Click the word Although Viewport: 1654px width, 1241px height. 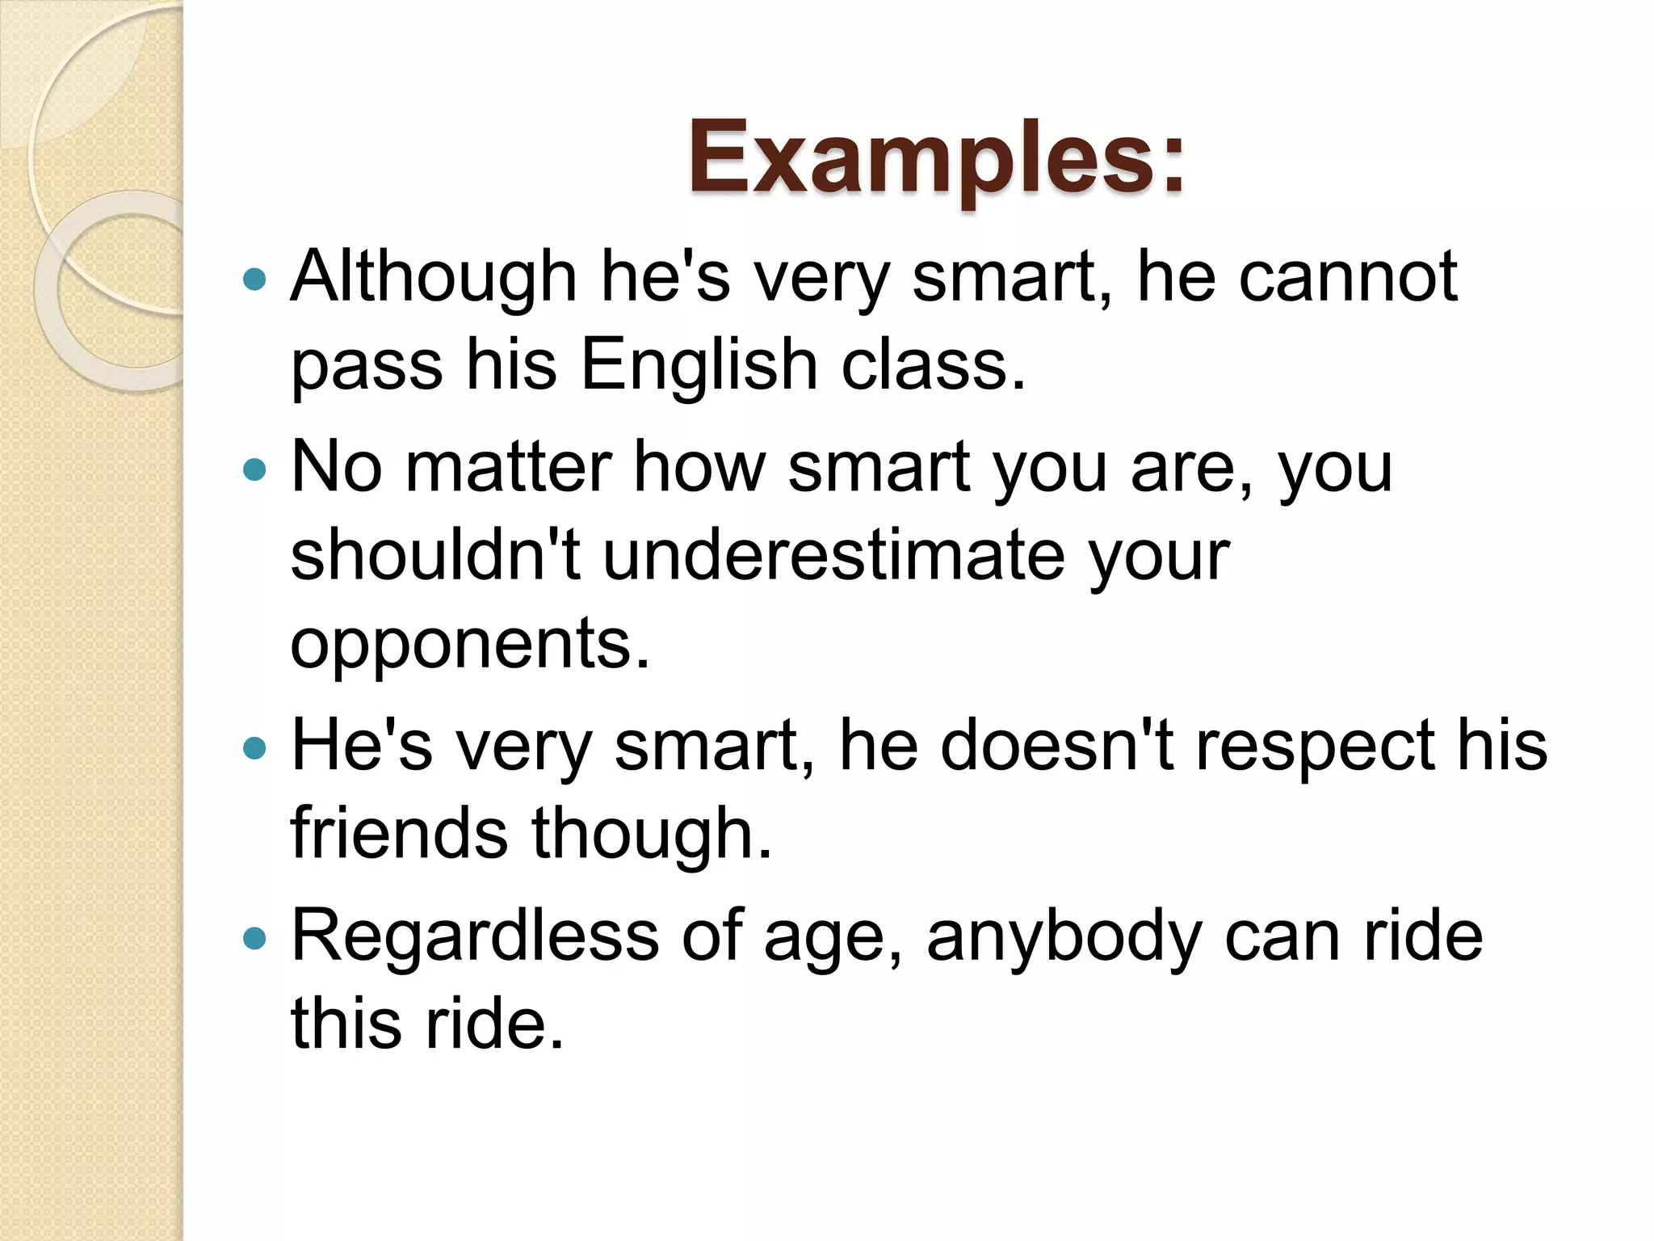(x=434, y=277)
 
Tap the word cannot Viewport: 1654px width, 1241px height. (x=1348, y=277)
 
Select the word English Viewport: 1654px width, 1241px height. (x=699, y=365)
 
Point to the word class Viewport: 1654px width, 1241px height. (x=933, y=365)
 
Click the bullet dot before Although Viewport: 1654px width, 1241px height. (x=254, y=280)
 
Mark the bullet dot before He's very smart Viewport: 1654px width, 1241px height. (x=254, y=748)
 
